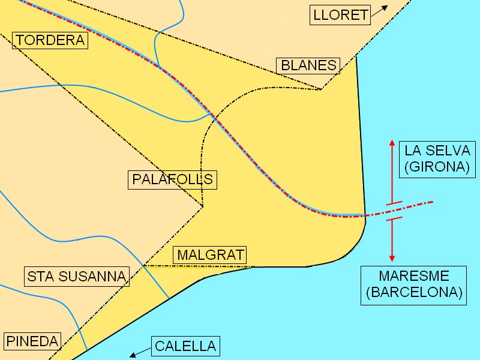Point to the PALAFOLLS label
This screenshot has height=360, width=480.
173,179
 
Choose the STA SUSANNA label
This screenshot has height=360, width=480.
77,276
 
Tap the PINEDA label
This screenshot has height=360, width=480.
32,341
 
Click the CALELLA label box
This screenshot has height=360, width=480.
185,346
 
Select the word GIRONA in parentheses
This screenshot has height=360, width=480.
436,167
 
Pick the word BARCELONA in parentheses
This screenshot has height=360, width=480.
415,293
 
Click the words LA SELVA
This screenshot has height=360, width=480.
436,151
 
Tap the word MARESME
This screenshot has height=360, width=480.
414,277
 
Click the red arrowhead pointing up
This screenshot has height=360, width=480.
392,144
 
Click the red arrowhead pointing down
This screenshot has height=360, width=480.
392,257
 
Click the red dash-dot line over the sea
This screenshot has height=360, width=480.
414,206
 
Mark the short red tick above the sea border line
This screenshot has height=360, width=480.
393,205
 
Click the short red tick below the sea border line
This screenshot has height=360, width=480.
393,220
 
